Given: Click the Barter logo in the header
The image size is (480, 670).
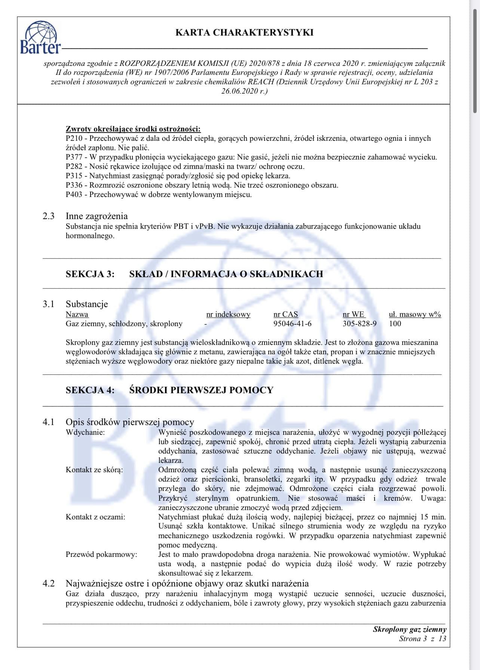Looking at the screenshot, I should [40, 37].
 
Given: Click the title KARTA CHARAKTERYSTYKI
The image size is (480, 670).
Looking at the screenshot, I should [244, 33].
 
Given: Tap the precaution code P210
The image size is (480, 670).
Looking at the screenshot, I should [74, 139].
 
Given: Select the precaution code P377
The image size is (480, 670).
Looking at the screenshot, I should [74, 157].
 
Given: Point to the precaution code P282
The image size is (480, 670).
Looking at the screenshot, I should [74, 167].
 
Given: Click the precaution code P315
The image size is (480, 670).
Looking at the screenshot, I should [74, 176].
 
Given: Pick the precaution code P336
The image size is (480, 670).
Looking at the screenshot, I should [74, 185].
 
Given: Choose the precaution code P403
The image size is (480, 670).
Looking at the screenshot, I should [74, 195].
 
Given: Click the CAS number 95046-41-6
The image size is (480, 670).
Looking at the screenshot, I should [292, 324].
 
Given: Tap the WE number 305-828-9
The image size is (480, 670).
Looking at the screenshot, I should [360, 324].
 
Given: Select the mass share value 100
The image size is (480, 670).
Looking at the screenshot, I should [395, 324].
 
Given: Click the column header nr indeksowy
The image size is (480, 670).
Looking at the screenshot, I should [228, 315].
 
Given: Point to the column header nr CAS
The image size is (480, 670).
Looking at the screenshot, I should [286, 315].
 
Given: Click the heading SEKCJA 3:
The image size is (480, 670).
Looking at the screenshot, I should [90, 274].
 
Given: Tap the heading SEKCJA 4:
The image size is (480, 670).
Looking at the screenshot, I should [90, 390].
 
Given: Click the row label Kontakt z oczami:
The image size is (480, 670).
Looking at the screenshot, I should [95, 517].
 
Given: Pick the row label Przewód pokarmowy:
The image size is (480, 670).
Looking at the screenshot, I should [101, 555].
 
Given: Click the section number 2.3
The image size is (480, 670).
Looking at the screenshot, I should [48, 216].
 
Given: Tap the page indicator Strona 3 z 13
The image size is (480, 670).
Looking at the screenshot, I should [422, 639].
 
